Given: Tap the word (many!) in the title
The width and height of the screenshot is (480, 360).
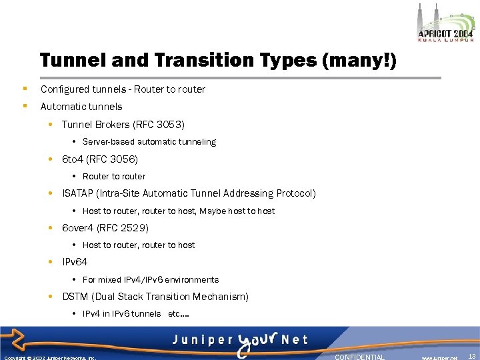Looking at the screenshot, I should click(x=359, y=61).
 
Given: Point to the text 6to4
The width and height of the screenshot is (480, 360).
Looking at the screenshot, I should click(x=73, y=159).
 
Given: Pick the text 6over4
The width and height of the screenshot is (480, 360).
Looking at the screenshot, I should click(x=78, y=228).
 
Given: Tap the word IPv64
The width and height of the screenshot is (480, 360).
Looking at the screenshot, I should click(x=75, y=262).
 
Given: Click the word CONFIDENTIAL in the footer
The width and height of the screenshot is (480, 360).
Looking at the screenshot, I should click(x=359, y=357).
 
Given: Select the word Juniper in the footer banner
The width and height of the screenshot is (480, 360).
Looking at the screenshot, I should click(x=199, y=339).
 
